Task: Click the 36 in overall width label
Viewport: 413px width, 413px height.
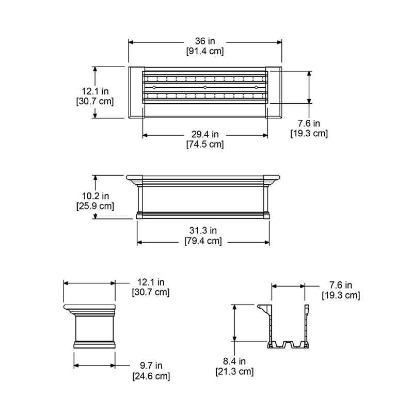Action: coord(205,41)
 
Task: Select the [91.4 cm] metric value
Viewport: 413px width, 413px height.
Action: coord(205,51)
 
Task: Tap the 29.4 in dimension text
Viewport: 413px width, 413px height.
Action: coord(205,135)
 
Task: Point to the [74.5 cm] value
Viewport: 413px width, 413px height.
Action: coord(205,145)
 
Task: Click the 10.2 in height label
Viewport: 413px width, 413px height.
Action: coord(95,196)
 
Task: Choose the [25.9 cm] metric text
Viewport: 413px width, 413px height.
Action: coord(95,206)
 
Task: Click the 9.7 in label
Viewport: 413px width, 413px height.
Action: coord(151,366)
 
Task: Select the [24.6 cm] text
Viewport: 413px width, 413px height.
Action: coord(151,376)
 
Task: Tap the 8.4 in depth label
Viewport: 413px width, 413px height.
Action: coord(234,361)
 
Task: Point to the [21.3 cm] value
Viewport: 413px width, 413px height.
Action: coord(234,371)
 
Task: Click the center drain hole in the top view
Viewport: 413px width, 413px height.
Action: coord(205,88)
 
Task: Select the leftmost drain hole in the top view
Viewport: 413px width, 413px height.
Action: coord(154,88)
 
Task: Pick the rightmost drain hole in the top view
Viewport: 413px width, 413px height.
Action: coord(256,88)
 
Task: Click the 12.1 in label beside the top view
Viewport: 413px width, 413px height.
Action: coord(95,91)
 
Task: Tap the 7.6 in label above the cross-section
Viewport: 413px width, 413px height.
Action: coord(341,285)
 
